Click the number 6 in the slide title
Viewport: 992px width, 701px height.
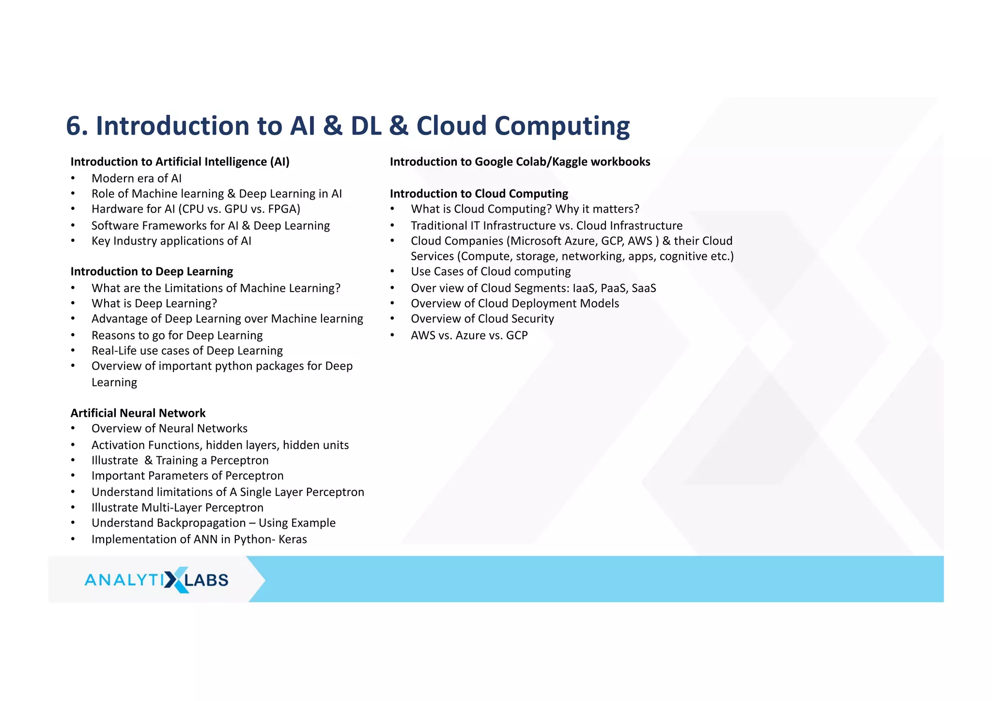click(74, 126)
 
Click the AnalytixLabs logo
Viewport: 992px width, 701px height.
click(156, 579)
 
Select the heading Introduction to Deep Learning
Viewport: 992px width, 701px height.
click(152, 271)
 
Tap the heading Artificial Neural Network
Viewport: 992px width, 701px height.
click(138, 413)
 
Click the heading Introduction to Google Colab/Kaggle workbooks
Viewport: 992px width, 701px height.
click(520, 162)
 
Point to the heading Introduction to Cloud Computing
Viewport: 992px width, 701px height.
click(479, 194)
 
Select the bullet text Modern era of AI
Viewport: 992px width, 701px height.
click(136, 178)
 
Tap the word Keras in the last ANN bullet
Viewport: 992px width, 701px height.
click(293, 539)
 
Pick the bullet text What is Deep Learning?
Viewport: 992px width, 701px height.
click(154, 304)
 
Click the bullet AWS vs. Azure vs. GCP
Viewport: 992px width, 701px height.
click(469, 335)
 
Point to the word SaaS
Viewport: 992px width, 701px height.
click(644, 288)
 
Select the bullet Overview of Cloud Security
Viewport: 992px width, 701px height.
click(482, 319)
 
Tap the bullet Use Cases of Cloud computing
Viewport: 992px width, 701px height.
click(491, 272)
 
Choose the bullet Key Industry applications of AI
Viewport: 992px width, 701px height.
click(171, 241)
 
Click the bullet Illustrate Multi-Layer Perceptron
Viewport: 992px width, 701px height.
click(177, 508)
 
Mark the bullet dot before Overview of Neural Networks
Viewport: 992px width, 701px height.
click(73, 429)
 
